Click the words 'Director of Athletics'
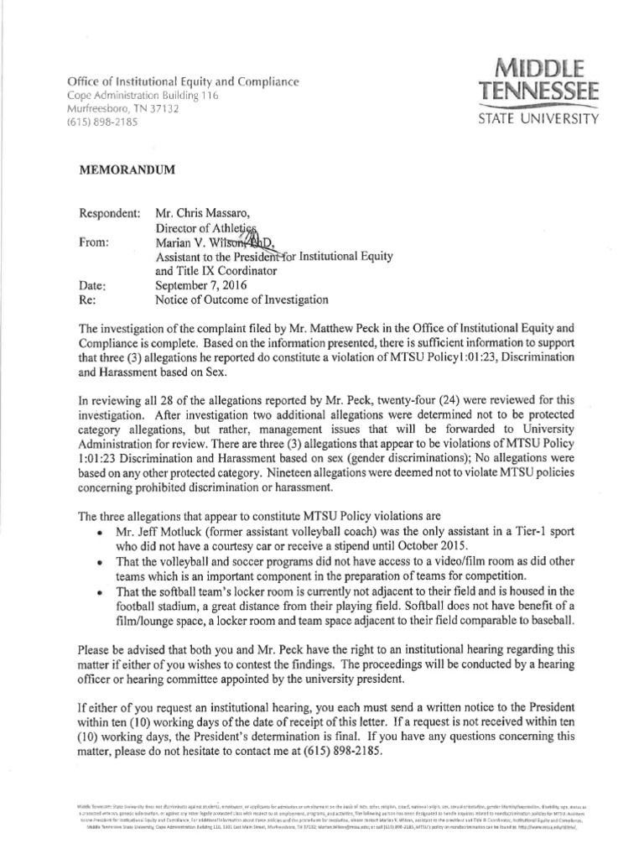208,228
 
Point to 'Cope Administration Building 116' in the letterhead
143,96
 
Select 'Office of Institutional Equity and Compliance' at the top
183,82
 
